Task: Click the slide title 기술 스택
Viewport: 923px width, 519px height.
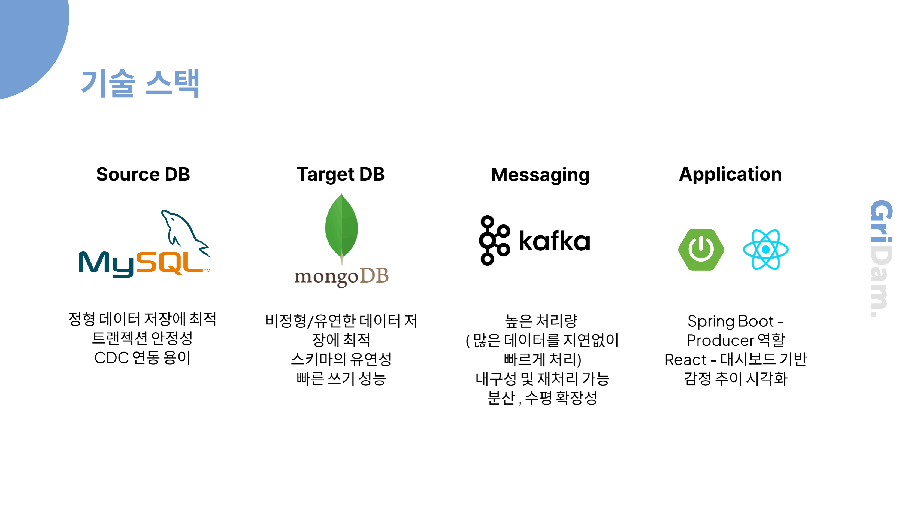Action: point(140,83)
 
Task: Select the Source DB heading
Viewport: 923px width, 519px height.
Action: point(143,174)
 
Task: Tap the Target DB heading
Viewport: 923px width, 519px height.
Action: point(340,174)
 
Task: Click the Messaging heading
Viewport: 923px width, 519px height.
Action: point(540,175)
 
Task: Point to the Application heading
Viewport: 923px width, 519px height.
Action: point(730,174)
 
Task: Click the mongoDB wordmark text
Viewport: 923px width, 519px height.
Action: point(341,277)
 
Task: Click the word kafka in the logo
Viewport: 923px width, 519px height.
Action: point(554,241)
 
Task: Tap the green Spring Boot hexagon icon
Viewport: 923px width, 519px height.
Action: point(701,250)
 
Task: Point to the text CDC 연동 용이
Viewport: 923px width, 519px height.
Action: point(142,357)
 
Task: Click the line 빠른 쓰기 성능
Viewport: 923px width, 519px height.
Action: point(341,378)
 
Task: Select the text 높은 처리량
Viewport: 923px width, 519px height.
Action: point(541,321)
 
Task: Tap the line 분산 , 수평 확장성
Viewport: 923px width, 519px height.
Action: point(542,397)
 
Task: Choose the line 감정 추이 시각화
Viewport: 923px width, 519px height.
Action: point(735,378)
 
